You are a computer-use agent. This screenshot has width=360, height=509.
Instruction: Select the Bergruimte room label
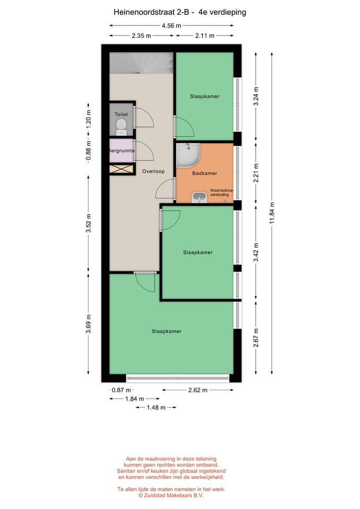tap(121, 151)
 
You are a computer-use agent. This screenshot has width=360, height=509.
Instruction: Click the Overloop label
tap(153, 171)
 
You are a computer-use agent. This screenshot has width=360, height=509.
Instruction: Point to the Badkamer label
tap(205, 173)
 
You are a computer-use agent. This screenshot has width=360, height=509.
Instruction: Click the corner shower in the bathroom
tap(188, 154)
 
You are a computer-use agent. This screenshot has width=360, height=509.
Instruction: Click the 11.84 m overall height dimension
tap(272, 213)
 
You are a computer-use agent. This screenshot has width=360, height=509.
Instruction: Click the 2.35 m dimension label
tap(142, 36)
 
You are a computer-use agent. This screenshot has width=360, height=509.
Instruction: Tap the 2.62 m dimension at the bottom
tap(197, 390)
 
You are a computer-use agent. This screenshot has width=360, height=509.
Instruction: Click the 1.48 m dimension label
tap(155, 407)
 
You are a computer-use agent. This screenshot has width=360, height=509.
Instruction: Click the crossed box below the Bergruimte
tap(122, 169)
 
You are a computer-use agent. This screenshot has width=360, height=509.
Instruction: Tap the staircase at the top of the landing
tap(141, 63)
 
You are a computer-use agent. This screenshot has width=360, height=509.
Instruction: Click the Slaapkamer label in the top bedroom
tap(205, 96)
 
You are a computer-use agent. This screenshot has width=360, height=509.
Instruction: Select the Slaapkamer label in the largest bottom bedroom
tap(166, 331)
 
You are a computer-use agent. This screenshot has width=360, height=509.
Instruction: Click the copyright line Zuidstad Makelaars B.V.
tap(171, 496)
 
